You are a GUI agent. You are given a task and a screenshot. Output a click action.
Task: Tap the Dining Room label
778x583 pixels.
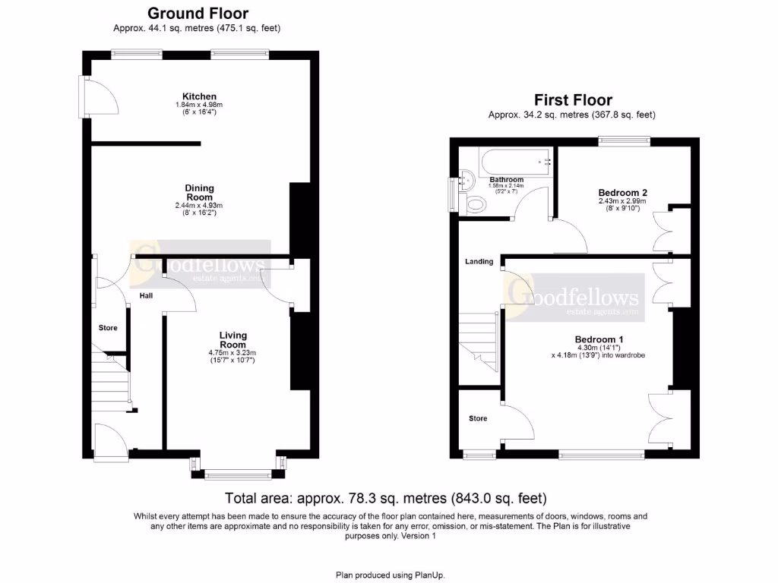(200, 193)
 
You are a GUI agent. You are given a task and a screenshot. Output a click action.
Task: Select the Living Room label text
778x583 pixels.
(233, 340)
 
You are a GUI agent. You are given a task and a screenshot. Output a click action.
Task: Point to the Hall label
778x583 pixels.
(146, 295)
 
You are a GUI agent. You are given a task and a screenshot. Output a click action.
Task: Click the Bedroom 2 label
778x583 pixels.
(622, 193)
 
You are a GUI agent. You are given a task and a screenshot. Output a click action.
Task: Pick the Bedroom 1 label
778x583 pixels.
(599, 339)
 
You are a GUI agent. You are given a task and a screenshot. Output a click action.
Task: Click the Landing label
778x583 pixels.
(479, 262)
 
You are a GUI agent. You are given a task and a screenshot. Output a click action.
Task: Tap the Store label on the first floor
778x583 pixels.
(477, 418)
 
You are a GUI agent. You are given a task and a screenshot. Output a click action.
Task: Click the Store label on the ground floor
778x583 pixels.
(108, 328)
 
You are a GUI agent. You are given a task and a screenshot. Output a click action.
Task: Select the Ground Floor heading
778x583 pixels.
(198, 13)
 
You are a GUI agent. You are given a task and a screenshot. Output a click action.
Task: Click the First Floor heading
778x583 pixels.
(573, 99)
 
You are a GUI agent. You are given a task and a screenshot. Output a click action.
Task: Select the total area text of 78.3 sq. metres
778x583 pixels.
(386, 499)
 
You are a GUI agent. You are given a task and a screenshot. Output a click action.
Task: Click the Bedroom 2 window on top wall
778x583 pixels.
(624, 140)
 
